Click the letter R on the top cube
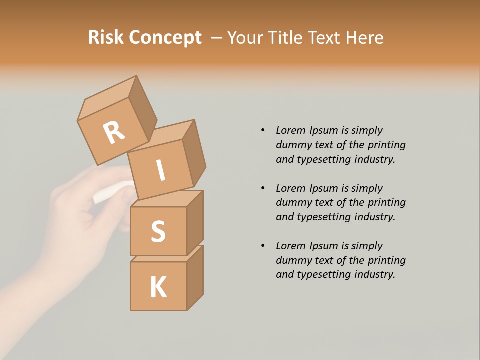tap(114, 132)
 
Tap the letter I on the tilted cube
tap(161, 170)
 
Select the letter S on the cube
tap(158, 231)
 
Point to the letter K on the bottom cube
tap(158, 287)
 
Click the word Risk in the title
tap(106, 38)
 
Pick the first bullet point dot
tap(263, 130)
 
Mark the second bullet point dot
tap(263, 188)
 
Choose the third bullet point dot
tap(263, 246)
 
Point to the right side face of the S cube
tap(195, 222)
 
